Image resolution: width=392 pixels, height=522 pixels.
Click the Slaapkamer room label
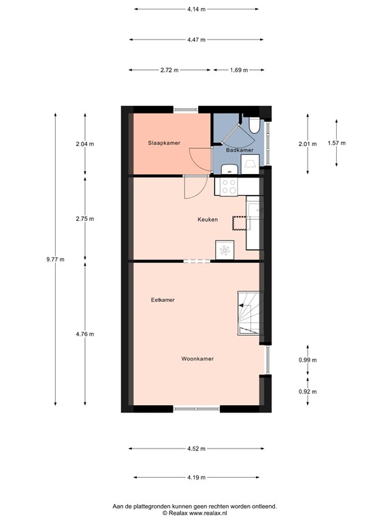click(x=164, y=143)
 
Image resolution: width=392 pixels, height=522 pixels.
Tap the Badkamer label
click(x=240, y=150)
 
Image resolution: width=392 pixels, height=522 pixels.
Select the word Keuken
click(x=208, y=220)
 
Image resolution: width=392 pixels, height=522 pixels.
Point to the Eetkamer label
click(x=163, y=300)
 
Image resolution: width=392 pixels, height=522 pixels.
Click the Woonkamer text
click(x=197, y=359)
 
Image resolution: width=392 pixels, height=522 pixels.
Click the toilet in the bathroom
click(x=253, y=126)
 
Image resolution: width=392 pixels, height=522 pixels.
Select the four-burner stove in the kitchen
click(x=226, y=186)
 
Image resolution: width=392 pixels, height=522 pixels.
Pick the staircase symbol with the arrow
click(x=248, y=313)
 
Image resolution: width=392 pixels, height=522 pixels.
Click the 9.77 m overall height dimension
click(x=55, y=260)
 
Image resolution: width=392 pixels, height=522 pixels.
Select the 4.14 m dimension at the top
click(x=196, y=10)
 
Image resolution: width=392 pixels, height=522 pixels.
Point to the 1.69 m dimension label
click(x=238, y=70)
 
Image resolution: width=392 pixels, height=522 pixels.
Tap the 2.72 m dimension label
click(x=169, y=70)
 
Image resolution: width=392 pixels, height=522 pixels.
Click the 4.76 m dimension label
click(x=85, y=334)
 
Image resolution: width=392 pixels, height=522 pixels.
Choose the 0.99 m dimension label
click(x=308, y=360)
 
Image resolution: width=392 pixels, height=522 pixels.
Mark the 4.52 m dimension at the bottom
click(x=197, y=449)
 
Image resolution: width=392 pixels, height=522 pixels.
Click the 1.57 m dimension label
click(x=336, y=143)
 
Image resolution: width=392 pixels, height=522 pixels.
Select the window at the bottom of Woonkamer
click(x=196, y=408)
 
